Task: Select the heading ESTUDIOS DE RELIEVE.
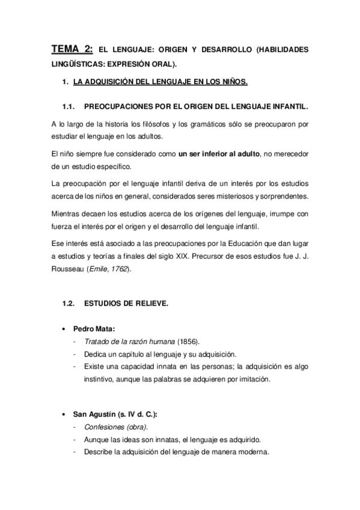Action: tap(126, 304)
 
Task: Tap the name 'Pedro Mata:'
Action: tap(93, 330)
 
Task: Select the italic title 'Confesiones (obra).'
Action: tap(112, 428)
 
